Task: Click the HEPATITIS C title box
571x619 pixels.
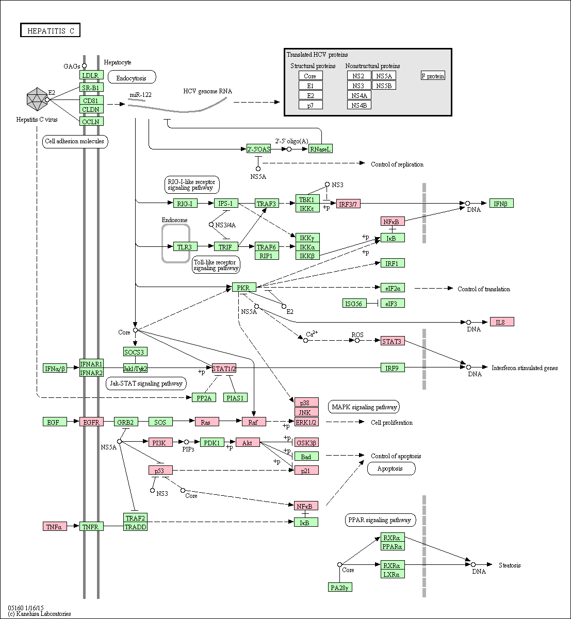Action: [x=50, y=30]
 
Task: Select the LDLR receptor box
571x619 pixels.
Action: [x=91, y=75]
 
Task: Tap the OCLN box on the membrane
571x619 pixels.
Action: [x=91, y=121]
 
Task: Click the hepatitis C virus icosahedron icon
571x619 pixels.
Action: [x=37, y=99]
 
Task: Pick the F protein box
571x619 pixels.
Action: [x=433, y=76]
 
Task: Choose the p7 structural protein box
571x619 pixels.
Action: [x=311, y=105]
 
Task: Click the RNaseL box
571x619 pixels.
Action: [x=320, y=148]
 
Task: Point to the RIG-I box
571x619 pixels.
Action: [x=185, y=203]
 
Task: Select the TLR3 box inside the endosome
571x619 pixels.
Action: [x=185, y=246]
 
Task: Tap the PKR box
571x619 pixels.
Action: [x=244, y=287]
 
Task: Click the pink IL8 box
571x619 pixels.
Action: [x=502, y=322]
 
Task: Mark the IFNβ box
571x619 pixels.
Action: [x=501, y=203]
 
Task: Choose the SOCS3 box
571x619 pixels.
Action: [x=135, y=352]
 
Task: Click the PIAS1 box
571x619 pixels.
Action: [x=235, y=397]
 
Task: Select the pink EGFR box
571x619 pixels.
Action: [x=91, y=422]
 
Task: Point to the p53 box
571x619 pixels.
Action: [x=160, y=470]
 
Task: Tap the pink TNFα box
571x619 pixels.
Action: [x=55, y=526]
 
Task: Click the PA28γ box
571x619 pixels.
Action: [x=340, y=587]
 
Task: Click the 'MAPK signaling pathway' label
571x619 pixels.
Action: [x=364, y=407]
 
